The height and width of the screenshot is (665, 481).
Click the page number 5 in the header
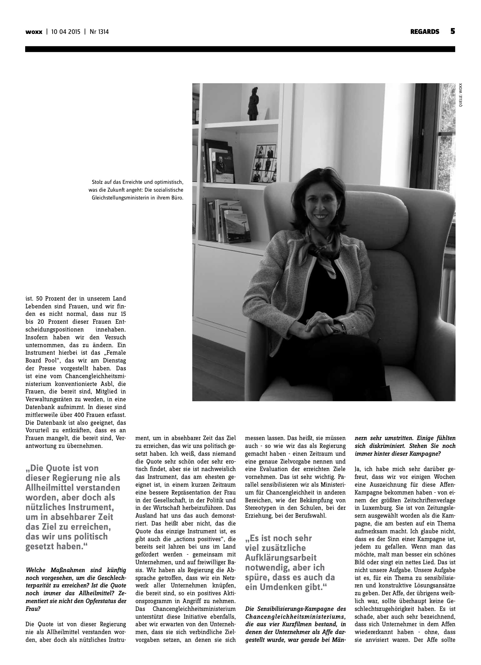click(x=452, y=31)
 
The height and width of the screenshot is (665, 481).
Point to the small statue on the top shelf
click(x=254, y=104)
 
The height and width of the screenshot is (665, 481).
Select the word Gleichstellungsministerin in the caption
click(x=119, y=198)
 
